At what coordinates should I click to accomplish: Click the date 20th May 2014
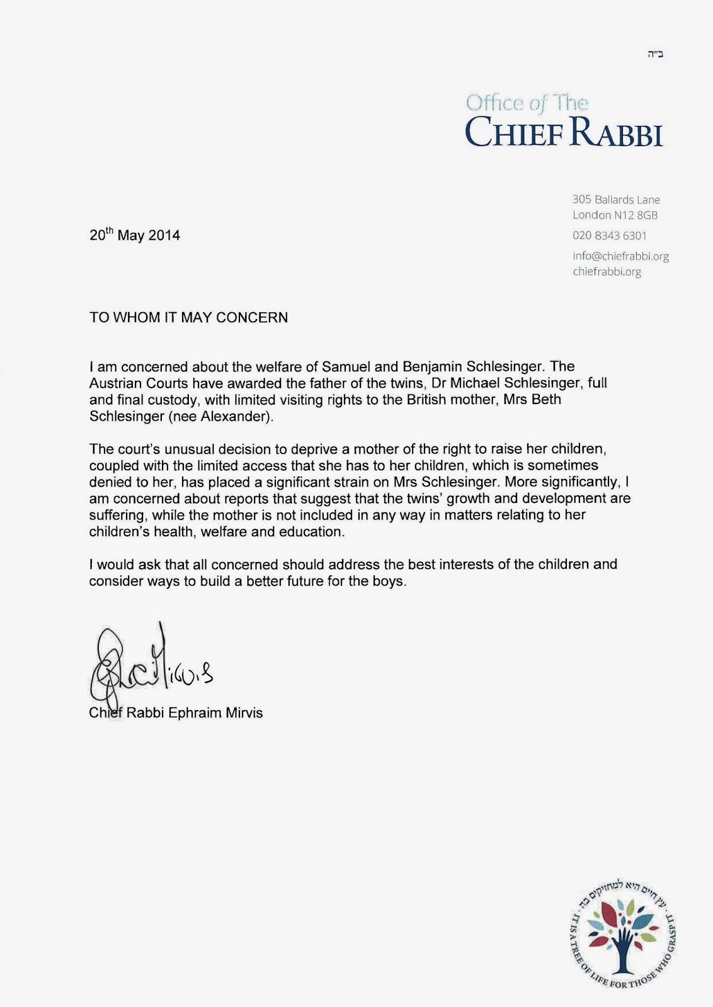pyautogui.click(x=135, y=235)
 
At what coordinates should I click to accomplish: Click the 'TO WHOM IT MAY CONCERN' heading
pyautogui.click(x=188, y=318)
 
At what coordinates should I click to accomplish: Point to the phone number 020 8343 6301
pyautogui.click(x=609, y=236)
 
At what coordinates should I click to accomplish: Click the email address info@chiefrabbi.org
pyautogui.click(x=620, y=256)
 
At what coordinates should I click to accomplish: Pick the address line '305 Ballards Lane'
pyautogui.click(x=616, y=200)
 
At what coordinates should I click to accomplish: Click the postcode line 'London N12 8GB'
pyautogui.click(x=615, y=215)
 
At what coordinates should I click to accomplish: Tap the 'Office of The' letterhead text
pyautogui.click(x=527, y=103)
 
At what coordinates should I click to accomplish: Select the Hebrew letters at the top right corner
pyautogui.click(x=655, y=54)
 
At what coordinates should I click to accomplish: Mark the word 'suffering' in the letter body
pyautogui.click(x=115, y=515)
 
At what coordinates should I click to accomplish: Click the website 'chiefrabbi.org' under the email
pyautogui.click(x=607, y=272)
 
